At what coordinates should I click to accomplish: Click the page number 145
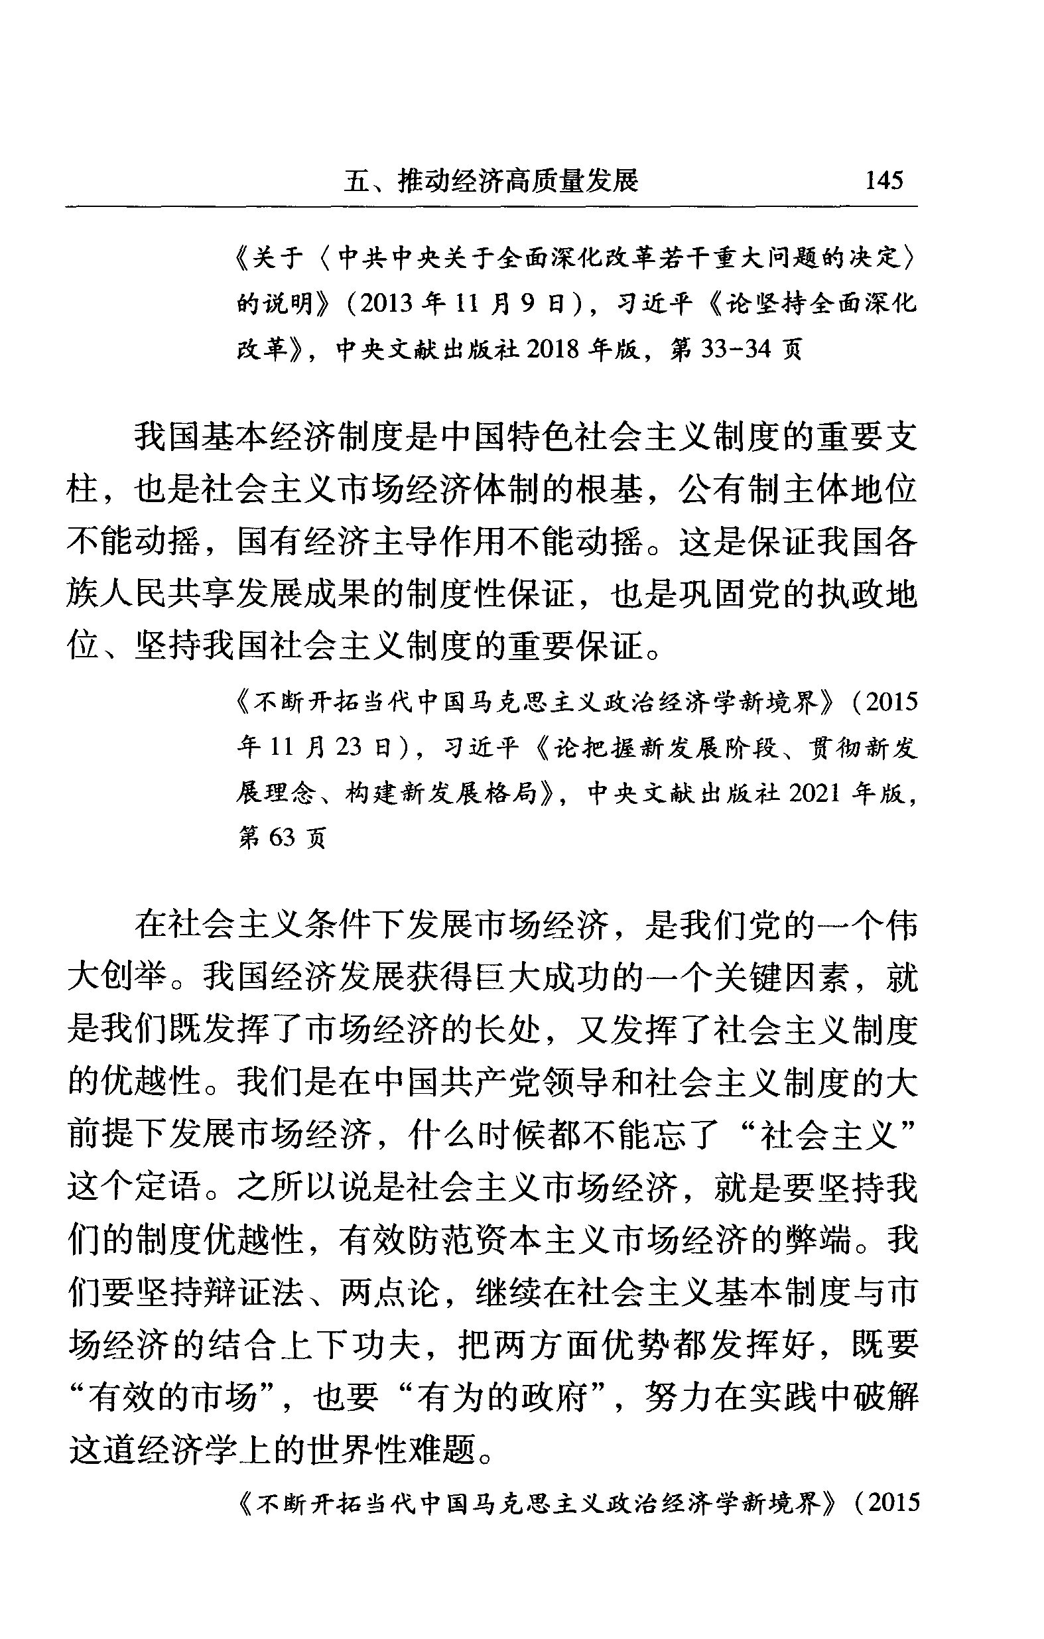coord(883,180)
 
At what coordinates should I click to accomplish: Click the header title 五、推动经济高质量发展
coord(491,181)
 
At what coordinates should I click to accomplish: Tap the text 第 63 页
coord(282,837)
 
